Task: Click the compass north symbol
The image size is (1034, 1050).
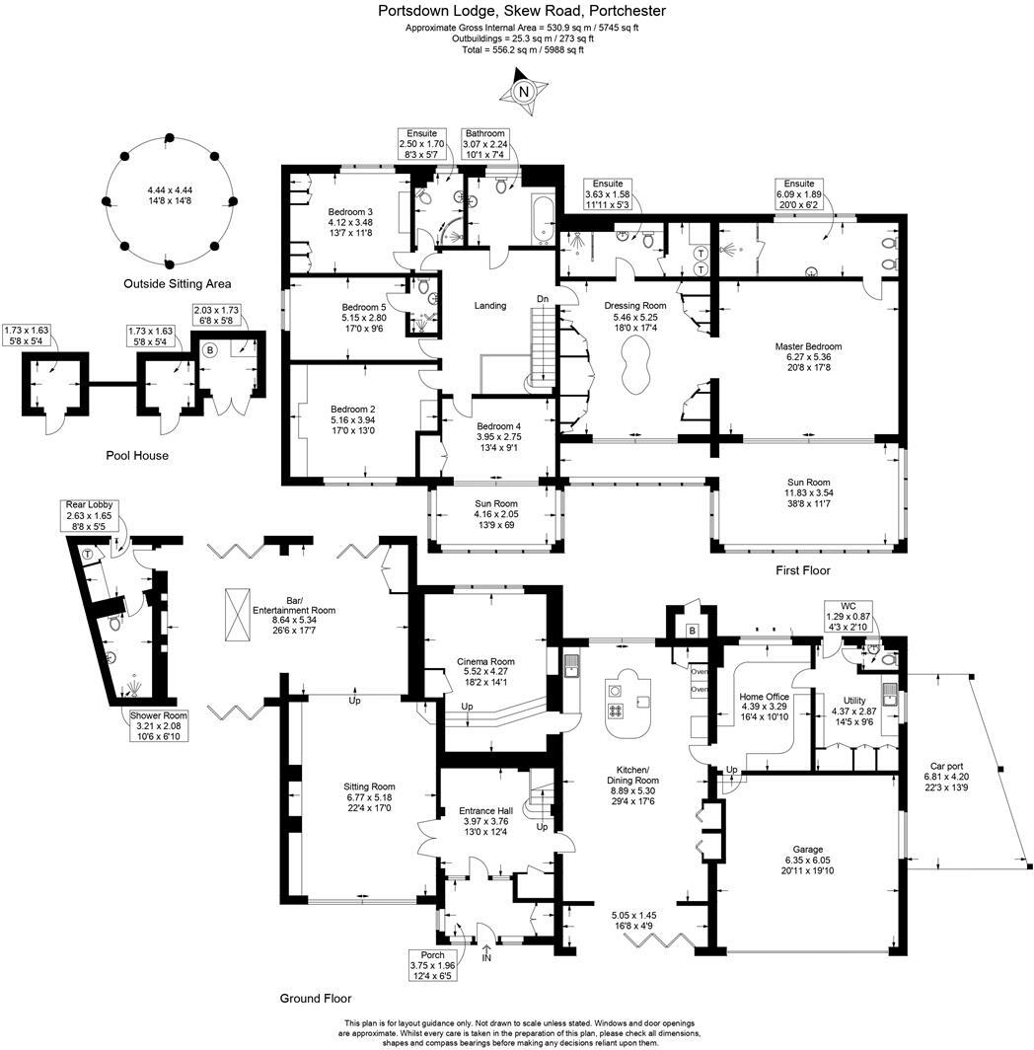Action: click(x=524, y=92)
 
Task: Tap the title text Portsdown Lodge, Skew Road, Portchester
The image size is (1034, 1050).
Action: click(x=522, y=11)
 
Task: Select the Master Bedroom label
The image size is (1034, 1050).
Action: click(x=808, y=346)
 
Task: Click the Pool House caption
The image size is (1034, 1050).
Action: click(x=137, y=456)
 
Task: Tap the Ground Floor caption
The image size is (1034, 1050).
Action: click(x=315, y=998)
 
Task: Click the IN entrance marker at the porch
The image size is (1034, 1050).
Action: click(x=486, y=957)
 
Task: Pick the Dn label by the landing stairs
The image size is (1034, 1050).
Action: click(x=543, y=298)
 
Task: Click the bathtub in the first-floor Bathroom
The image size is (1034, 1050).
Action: click(x=539, y=219)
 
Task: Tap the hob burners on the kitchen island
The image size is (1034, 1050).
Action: click(x=617, y=711)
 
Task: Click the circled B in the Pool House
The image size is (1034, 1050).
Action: click(x=209, y=349)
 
